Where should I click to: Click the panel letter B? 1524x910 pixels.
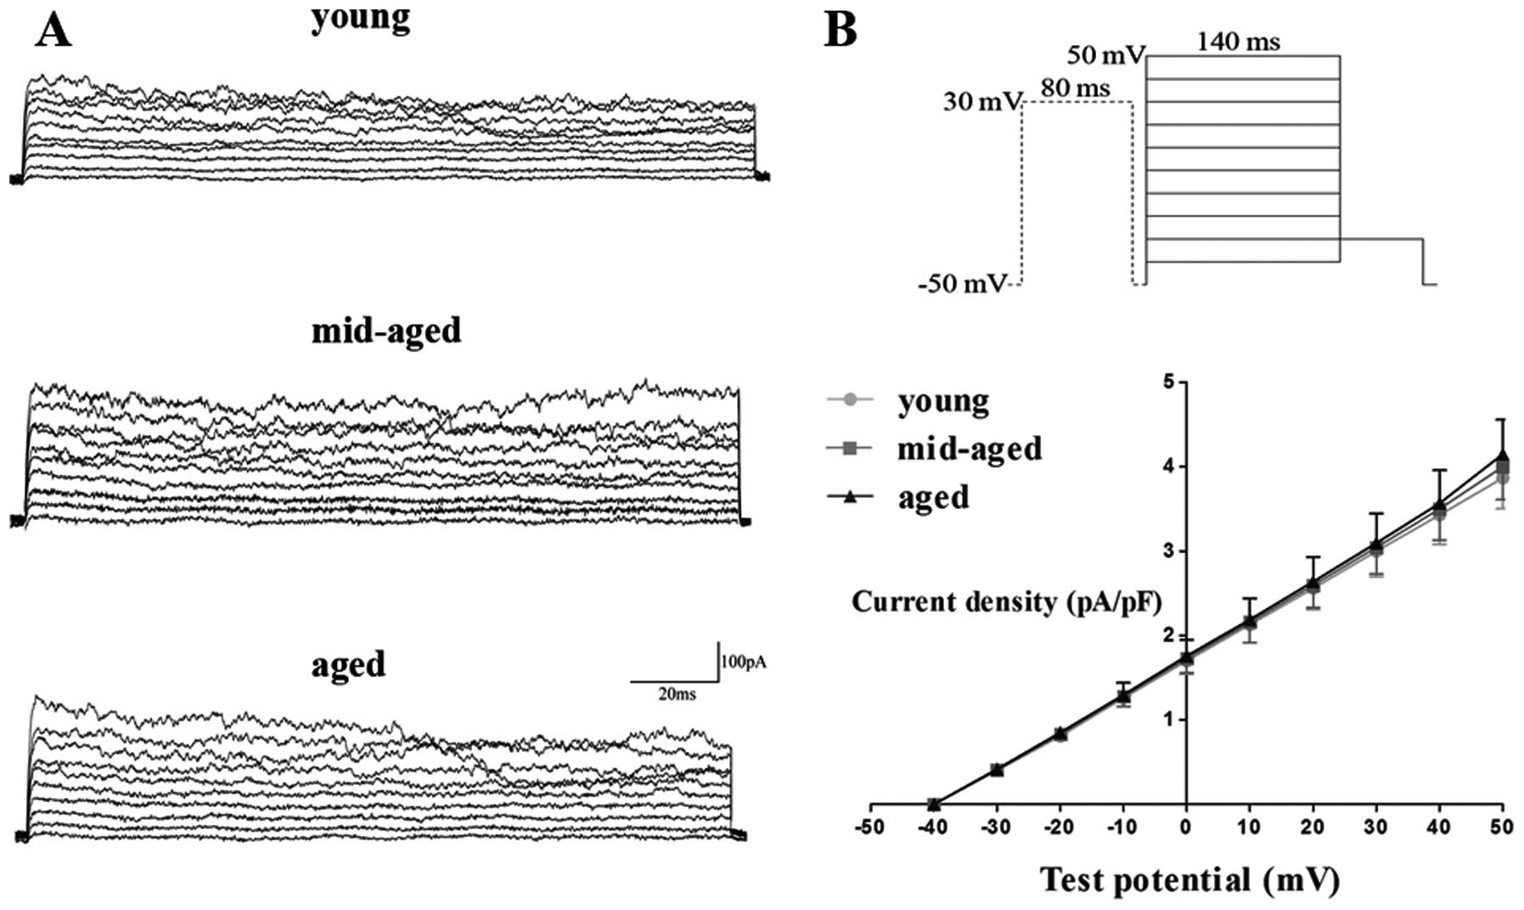pyautogui.click(x=841, y=30)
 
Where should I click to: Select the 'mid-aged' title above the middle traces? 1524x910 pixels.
pyautogui.click(x=386, y=330)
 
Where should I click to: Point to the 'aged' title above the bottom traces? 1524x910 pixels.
pyautogui.click(x=348, y=664)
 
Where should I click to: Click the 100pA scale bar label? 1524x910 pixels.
pyautogui.click(x=744, y=662)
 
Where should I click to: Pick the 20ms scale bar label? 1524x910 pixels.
pyautogui.click(x=677, y=694)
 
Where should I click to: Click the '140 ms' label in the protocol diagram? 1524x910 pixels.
pyautogui.click(x=1239, y=41)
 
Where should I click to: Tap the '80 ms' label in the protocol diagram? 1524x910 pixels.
pyautogui.click(x=1075, y=88)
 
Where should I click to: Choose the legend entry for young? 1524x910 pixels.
pyautogui.click(x=942, y=401)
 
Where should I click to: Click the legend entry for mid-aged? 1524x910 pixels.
pyautogui.click(x=969, y=448)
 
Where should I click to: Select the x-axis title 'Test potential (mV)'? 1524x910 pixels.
pyautogui.click(x=1189, y=879)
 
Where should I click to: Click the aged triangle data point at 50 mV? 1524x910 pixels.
pyautogui.click(x=1503, y=456)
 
